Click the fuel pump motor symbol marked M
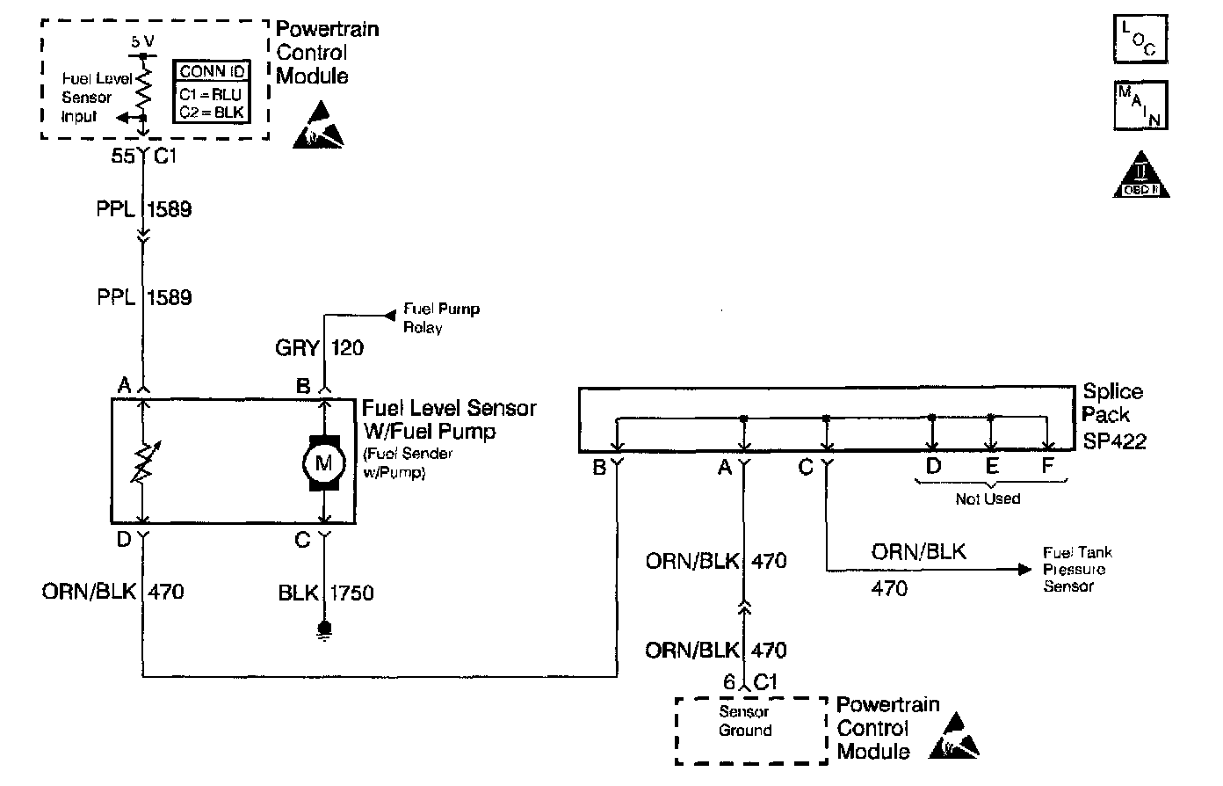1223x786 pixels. click(324, 462)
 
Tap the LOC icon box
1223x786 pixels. click(1140, 39)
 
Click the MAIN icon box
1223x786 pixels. click(1140, 106)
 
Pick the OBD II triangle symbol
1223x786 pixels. click(1145, 175)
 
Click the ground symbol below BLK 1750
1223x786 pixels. click(324, 630)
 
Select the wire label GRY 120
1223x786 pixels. click(320, 349)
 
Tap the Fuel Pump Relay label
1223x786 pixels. click(441, 318)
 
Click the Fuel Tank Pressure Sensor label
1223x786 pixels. click(1077, 570)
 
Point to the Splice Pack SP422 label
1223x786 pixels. click(1113, 416)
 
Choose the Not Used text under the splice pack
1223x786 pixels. click(988, 499)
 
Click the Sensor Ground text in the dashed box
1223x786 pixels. click(745, 721)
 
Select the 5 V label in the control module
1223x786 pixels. click(142, 41)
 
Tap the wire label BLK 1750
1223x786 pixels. click(326, 593)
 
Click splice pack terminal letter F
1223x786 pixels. click(1047, 466)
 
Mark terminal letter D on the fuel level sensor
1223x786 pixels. click(124, 539)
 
